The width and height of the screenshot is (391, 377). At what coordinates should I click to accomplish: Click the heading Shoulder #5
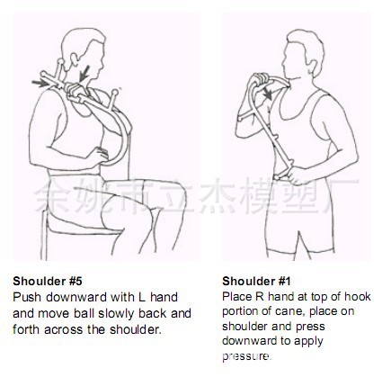coord(48,282)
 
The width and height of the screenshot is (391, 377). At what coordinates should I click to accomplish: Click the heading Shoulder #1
coord(256,282)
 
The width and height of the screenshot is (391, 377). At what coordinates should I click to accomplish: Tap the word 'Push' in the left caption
coord(27,297)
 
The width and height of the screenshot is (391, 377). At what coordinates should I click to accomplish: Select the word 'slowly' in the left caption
coord(116,313)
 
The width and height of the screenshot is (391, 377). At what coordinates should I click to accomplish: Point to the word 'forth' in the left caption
coord(26,329)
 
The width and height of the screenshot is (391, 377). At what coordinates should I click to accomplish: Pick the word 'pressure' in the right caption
coord(246,356)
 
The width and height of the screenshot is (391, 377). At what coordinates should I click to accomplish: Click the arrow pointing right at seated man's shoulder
coord(40,83)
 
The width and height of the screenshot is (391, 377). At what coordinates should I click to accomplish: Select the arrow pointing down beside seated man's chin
coord(84,74)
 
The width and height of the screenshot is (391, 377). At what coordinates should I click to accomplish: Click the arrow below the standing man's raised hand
coord(267,93)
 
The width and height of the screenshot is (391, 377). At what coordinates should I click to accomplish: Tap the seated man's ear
coord(73,59)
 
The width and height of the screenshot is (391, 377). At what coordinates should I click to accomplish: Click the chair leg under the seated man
coord(44,235)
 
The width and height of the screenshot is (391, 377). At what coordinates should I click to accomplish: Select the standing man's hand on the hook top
coord(260,78)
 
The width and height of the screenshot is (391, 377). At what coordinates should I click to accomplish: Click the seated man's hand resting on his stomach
coord(100,153)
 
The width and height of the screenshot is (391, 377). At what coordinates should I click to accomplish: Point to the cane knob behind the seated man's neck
coord(61,62)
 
